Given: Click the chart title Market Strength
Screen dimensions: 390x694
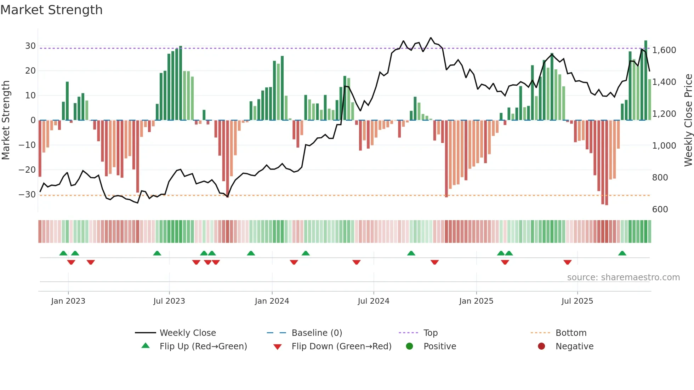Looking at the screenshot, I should pos(52,10).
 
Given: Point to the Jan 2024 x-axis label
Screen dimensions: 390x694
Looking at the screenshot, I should pos(272,301).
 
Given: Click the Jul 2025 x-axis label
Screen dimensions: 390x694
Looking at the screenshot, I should pos(577,301).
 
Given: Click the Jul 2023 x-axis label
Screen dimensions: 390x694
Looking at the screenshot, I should pos(169,301).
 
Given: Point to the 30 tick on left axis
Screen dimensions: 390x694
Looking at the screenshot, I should pos(30,46).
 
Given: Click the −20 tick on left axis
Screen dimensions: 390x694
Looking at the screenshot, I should pos(27,170).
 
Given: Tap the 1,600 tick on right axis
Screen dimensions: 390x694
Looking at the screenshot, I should pos(664,50).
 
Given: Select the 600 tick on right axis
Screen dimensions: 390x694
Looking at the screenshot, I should pos(660,209).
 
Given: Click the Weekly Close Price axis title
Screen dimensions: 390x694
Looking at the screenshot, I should pos(688,120).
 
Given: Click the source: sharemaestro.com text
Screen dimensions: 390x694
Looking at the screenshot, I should pos(623,277).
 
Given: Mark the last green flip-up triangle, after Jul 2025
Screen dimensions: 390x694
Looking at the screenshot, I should pos(622,253).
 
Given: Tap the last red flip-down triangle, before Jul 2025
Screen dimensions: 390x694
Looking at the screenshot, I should pos(567,262).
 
